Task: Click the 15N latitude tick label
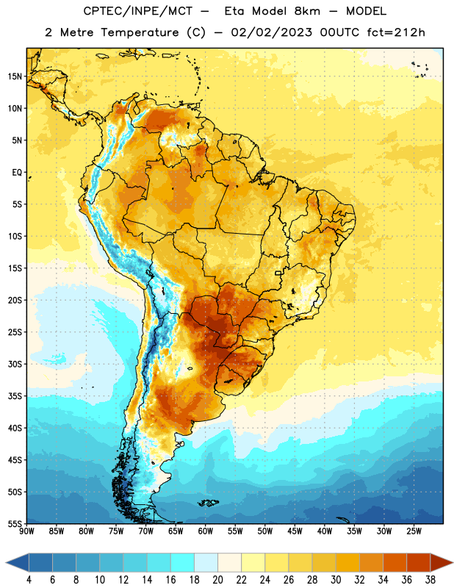point(15,76)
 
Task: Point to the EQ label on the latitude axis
point(17,173)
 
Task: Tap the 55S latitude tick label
point(15,523)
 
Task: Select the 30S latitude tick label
point(15,364)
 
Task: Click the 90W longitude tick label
point(26,531)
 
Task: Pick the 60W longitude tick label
point(206,531)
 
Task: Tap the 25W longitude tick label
point(414,531)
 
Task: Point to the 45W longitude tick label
point(295,531)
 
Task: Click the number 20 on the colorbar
point(217,580)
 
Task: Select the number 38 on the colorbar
point(430,580)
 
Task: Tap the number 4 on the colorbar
point(29,580)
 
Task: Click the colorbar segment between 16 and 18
point(182,562)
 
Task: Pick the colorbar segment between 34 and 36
point(394,562)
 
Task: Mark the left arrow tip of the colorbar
point(7,562)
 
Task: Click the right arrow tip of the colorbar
point(453,562)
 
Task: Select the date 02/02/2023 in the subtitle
point(271,32)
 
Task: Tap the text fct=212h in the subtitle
point(396,32)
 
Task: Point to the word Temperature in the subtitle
point(140,32)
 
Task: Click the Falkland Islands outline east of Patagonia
point(208,503)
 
